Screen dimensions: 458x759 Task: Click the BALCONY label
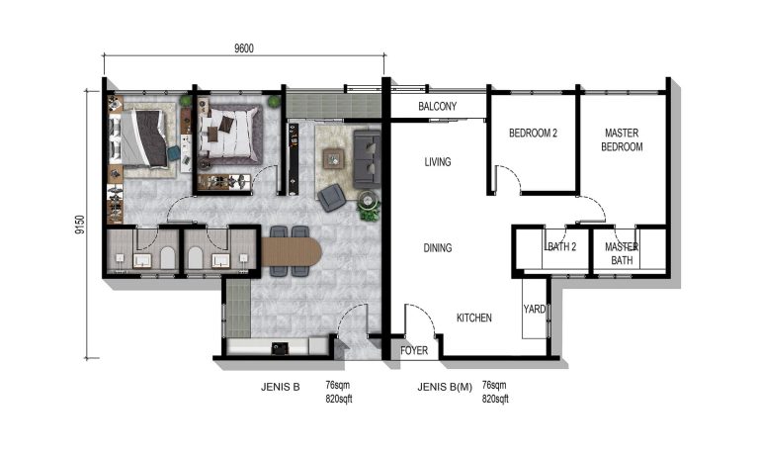tap(436, 107)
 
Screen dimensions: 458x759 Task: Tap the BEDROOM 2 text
tap(534, 134)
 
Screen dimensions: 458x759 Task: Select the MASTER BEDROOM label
tap(623, 140)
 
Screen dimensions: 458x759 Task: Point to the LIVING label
tap(438, 162)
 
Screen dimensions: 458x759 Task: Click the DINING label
tap(438, 248)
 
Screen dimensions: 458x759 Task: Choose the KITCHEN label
tap(474, 319)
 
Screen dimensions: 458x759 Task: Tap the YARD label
tap(535, 310)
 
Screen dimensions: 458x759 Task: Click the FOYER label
tap(414, 350)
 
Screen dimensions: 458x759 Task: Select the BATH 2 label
tap(560, 247)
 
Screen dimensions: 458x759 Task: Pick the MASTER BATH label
tap(622, 253)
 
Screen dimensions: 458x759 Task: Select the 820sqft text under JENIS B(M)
tap(495, 399)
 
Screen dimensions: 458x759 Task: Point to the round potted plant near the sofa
tap(370, 210)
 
